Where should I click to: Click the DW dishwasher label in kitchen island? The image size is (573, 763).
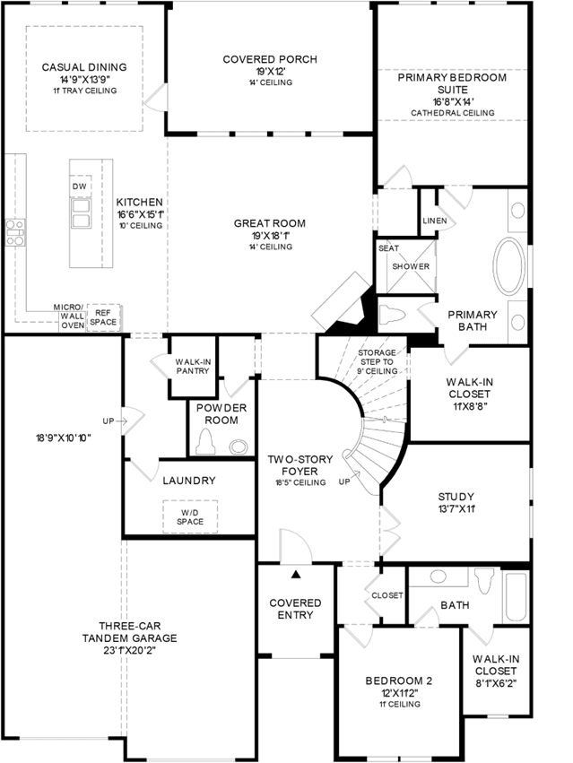(79, 186)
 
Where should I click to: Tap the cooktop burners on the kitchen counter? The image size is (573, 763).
(15, 232)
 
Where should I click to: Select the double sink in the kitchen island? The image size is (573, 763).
(81, 213)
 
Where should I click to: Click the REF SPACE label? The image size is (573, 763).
(103, 317)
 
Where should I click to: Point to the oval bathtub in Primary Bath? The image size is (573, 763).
(509, 266)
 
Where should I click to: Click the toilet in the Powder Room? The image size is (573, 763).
(206, 443)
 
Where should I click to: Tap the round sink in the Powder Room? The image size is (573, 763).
(239, 447)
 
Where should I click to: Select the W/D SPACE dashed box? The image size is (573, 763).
(190, 516)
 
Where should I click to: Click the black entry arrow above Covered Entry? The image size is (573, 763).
(296, 575)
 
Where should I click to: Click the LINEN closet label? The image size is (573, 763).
(435, 221)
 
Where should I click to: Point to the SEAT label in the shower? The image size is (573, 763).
(388, 248)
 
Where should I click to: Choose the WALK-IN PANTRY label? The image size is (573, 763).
(193, 367)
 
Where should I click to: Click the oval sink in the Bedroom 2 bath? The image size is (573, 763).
(438, 577)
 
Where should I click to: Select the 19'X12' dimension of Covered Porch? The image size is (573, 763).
(270, 72)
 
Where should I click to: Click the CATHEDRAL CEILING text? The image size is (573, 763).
(453, 113)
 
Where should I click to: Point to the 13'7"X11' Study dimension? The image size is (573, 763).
(456, 509)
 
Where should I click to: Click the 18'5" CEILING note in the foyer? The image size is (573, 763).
(300, 482)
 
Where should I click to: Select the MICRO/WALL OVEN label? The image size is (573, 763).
(71, 316)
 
